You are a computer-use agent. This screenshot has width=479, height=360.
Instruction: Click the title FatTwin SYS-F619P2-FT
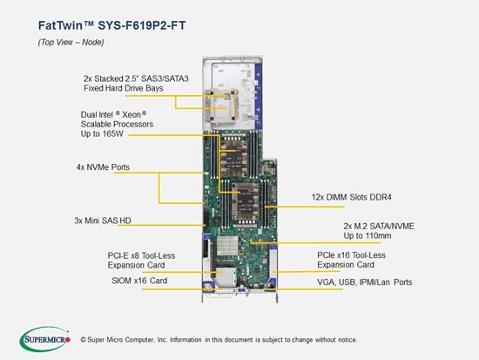(111, 25)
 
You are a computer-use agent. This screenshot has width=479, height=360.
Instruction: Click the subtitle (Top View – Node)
(71, 42)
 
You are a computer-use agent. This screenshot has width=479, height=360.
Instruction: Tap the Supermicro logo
(45, 339)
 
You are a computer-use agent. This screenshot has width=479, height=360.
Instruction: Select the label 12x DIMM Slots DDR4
(351, 197)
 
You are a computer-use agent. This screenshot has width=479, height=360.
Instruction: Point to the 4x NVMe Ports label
(103, 167)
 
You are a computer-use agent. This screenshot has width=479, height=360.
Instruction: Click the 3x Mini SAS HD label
(103, 221)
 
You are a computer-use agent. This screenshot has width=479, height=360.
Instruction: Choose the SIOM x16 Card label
(139, 281)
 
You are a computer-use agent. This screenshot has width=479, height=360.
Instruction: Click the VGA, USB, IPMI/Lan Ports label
(364, 282)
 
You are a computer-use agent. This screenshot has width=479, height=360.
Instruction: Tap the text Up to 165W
(102, 134)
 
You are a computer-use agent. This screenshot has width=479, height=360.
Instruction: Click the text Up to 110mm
(368, 236)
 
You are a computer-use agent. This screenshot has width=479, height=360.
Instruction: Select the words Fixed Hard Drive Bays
(124, 88)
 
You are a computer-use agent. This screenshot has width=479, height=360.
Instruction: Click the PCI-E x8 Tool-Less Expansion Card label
(141, 261)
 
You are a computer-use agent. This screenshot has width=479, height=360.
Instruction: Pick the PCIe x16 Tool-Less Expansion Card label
(351, 260)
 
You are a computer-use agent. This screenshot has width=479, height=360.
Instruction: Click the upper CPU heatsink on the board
(233, 157)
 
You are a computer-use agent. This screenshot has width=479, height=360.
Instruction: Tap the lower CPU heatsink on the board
(245, 201)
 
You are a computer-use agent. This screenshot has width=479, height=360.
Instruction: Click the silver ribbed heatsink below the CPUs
(227, 246)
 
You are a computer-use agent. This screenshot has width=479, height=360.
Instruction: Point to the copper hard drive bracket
(221, 105)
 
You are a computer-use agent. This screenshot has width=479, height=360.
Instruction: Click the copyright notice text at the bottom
(219, 340)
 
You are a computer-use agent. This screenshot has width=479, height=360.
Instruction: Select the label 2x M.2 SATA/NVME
(379, 227)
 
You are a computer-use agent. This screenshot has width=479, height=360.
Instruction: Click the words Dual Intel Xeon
(113, 115)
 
